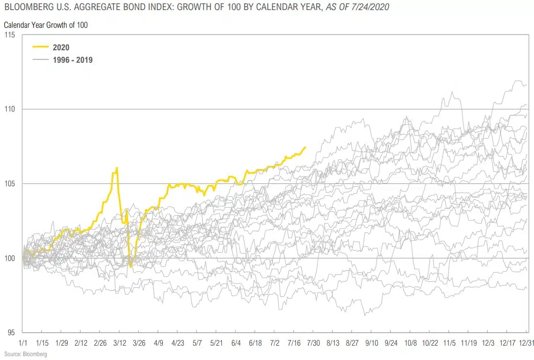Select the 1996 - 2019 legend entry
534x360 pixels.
(x=72, y=60)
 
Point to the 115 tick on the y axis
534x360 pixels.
(x=10, y=35)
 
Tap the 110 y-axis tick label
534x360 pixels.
(x=10, y=109)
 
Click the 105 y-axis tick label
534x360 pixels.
(x=10, y=184)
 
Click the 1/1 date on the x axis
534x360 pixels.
(x=23, y=343)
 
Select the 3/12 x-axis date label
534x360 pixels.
(x=120, y=343)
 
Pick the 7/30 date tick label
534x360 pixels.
(x=313, y=343)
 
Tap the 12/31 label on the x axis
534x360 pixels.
(x=526, y=343)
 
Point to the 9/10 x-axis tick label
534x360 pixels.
(x=372, y=343)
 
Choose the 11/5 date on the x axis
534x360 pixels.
(x=449, y=343)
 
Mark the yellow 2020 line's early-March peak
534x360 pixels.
(x=117, y=168)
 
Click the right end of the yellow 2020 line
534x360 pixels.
(x=305, y=147)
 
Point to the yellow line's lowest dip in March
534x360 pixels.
(x=131, y=266)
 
